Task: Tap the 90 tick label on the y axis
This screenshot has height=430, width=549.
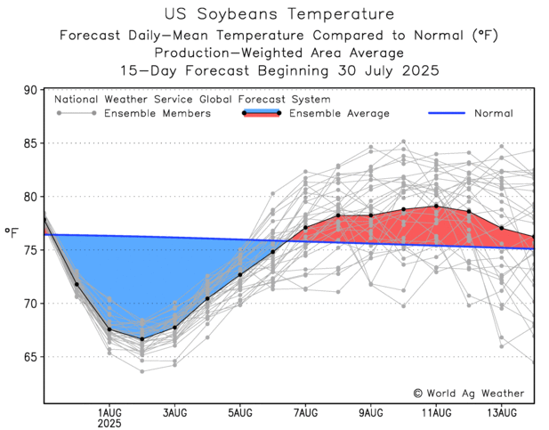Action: coord(31,91)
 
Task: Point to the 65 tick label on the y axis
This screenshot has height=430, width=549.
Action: coord(31,357)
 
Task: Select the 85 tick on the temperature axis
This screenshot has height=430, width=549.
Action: coord(31,144)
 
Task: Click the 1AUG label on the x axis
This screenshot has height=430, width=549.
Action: coord(109,411)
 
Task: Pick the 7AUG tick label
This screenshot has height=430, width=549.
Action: coord(305,411)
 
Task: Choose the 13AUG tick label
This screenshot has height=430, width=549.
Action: coord(502,411)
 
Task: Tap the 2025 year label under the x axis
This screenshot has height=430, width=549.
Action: coord(109,423)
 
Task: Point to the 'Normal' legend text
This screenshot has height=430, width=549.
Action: coord(493,114)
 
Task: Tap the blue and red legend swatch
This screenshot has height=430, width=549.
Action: coord(262,113)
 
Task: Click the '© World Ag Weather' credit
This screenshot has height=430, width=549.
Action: coord(468,393)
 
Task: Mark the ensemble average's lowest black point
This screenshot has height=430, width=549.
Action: coord(142,339)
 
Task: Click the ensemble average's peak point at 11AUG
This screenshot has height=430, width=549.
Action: coord(436,207)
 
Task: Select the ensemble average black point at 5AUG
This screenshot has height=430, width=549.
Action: coord(240,274)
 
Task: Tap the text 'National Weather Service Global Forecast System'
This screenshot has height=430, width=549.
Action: coord(192,100)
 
